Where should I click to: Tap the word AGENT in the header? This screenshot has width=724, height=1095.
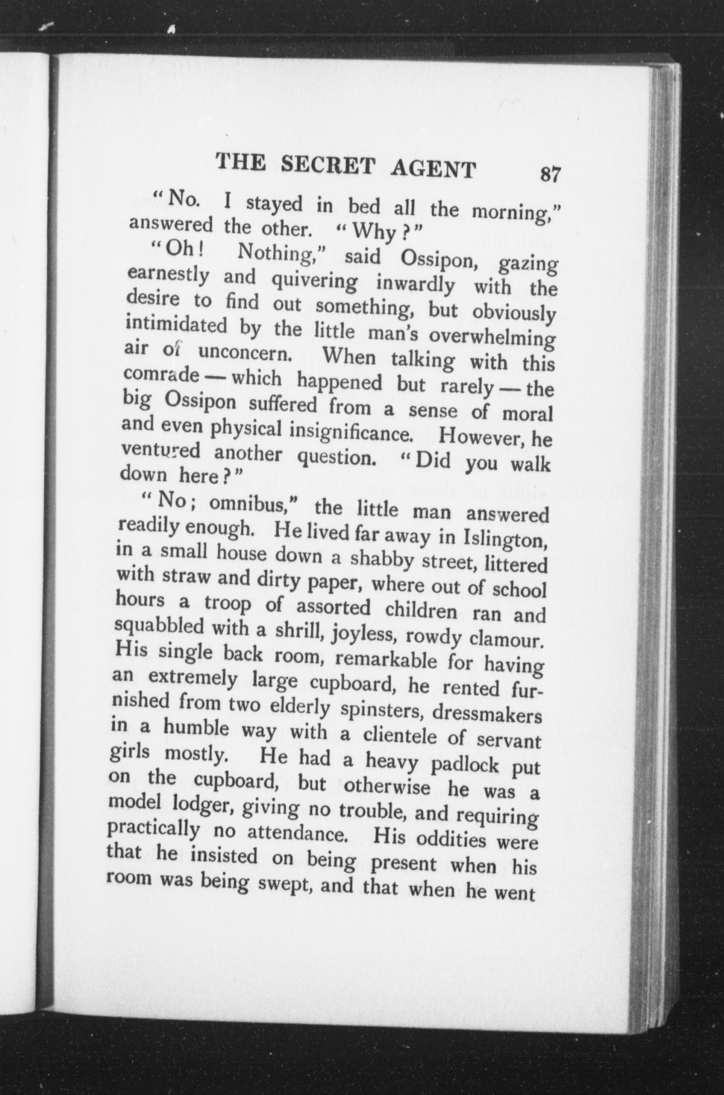pyautogui.click(x=433, y=169)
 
